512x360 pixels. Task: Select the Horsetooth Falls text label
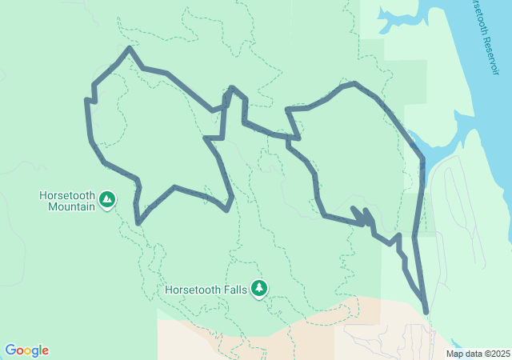click(x=207, y=289)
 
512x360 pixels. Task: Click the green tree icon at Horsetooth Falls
click(x=258, y=288)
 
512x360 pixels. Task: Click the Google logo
click(x=26, y=350)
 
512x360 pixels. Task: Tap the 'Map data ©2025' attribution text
click(x=478, y=354)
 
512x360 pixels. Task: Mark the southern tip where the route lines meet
click(x=426, y=311)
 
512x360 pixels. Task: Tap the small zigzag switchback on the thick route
click(x=361, y=216)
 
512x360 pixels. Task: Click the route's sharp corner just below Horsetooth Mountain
click(x=139, y=223)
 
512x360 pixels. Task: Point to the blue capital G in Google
click(x=10, y=350)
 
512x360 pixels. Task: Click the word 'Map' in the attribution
click(x=454, y=354)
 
